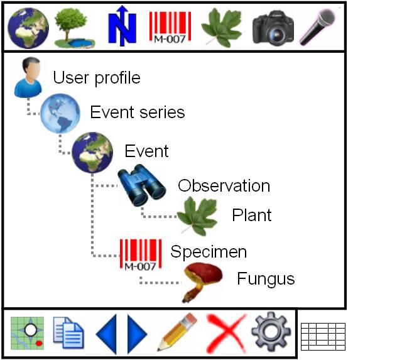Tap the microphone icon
coord(318,27)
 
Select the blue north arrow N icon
coord(122,26)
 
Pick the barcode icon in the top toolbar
coord(170,28)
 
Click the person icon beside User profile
coord(28,77)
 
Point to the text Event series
coord(138,112)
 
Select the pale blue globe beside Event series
coord(60,113)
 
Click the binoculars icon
coord(141,185)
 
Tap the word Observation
coord(224,185)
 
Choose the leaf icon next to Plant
coord(197,216)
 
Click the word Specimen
coord(209,252)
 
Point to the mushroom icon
coord(202,282)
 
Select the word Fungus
coord(266,279)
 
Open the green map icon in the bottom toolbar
coord(27,333)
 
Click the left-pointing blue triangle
coord(106,334)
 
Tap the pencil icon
coord(177,332)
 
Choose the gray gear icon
coord(271,332)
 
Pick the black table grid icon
coord(323,337)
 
